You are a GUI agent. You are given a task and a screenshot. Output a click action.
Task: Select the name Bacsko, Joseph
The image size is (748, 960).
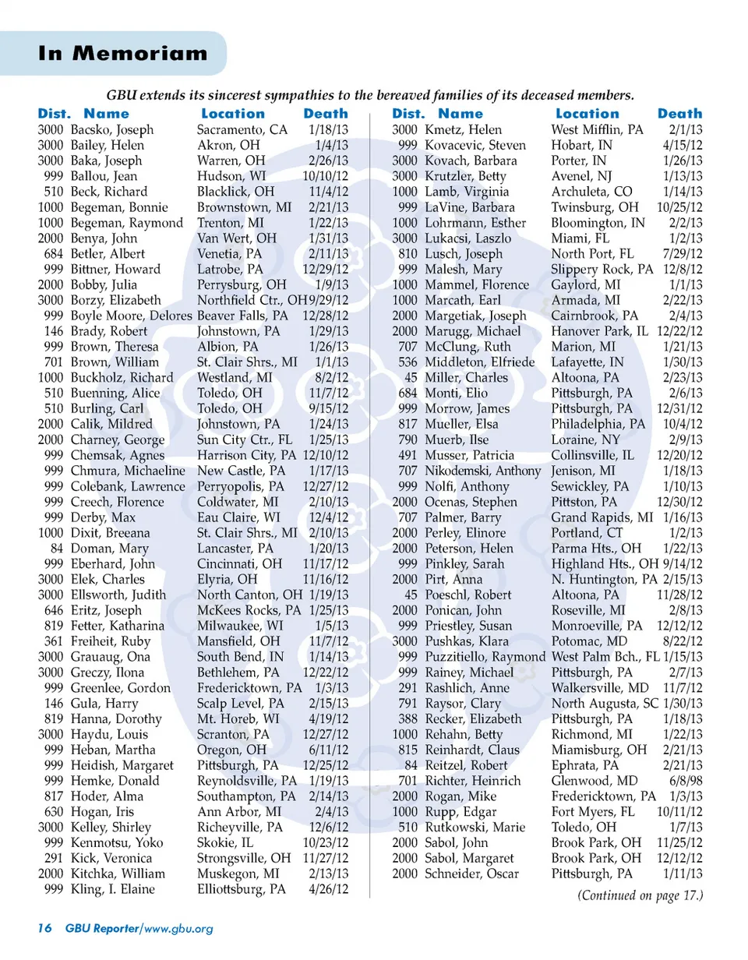tap(111, 130)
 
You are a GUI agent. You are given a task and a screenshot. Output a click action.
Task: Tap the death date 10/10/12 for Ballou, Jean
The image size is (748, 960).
tap(325, 176)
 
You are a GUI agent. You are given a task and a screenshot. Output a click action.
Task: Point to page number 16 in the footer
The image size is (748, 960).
tap(44, 927)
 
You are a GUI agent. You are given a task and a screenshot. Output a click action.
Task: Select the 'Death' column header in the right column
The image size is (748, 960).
tap(679, 114)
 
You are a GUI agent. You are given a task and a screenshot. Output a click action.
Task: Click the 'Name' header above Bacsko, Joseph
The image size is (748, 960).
tap(106, 114)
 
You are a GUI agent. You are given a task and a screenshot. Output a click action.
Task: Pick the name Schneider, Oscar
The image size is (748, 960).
tap(472, 874)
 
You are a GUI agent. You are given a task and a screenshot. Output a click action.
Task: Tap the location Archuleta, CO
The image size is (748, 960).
tap(592, 192)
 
